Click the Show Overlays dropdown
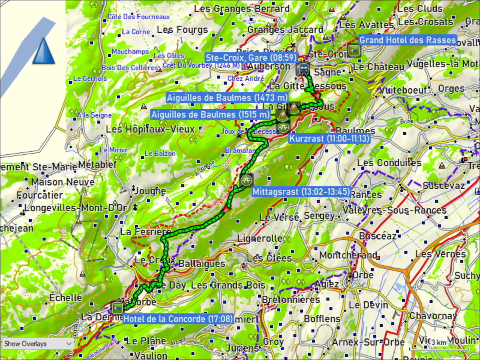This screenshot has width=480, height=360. point(37,344)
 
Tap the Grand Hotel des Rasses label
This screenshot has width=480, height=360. point(407,40)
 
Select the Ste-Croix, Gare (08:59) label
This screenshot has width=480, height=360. point(251,57)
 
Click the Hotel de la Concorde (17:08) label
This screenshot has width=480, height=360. point(178,319)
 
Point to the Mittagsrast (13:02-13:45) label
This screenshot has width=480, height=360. point(301,192)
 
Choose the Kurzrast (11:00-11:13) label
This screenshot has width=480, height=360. point(329,139)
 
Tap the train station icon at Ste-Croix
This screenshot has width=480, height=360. point(304,68)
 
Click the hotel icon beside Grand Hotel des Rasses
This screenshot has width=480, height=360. point(354,51)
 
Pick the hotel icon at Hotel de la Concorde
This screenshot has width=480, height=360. point(117,308)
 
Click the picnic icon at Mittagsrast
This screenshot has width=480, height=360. point(246,180)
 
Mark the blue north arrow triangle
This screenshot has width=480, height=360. point(43,51)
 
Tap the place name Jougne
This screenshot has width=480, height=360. point(150,191)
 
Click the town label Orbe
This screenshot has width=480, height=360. point(363,275)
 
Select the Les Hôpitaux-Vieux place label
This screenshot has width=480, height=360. point(150,130)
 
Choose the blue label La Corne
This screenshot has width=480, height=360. point(136,32)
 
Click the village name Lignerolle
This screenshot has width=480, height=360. point(260,238)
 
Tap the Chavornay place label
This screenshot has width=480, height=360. point(433,316)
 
